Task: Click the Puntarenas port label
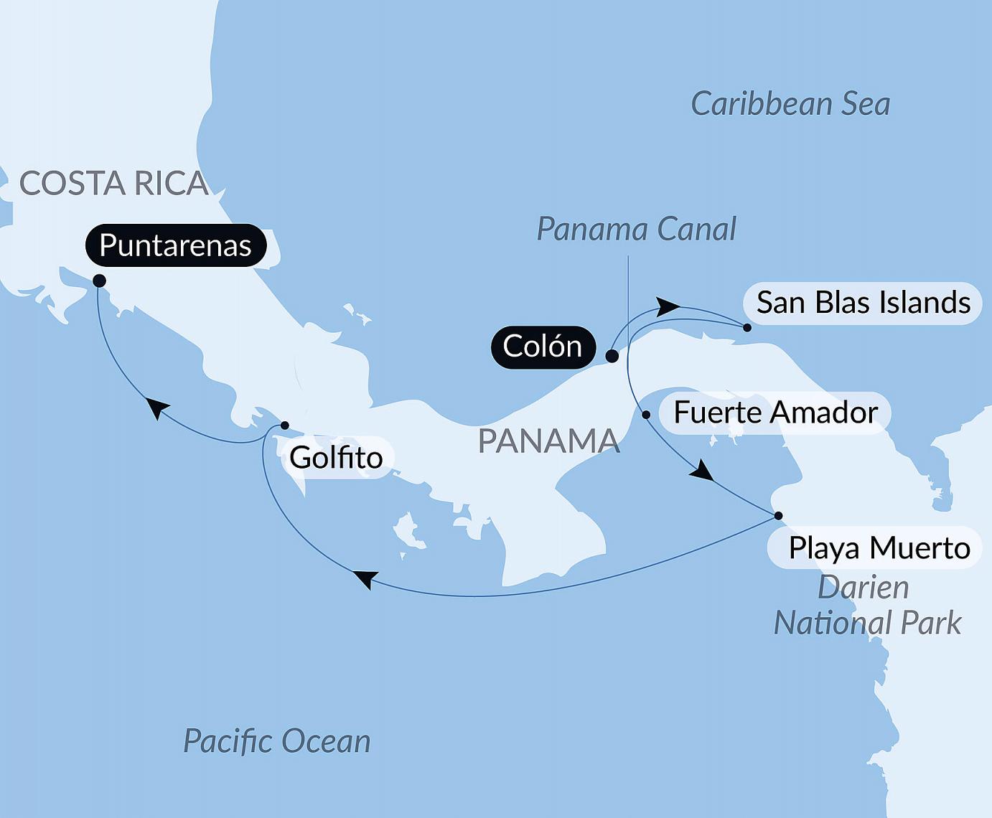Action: click(x=176, y=245)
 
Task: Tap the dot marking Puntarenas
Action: click(x=100, y=281)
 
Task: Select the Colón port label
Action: click(x=543, y=347)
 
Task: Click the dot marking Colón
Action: click(x=612, y=356)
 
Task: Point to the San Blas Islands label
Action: click(x=864, y=303)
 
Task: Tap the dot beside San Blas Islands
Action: click(x=747, y=328)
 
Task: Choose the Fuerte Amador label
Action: click(x=775, y=413)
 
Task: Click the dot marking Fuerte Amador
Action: click(x=646, y=415)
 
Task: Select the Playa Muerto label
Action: click(x=879, y=548)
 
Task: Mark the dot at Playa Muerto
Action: click(x=778, y=516)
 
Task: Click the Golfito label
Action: click(x=336, y=458)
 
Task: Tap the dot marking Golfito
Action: click(x=284, y=426)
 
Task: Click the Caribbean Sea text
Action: click(x=790, y=105)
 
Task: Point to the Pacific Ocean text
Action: click(x=277, y=741)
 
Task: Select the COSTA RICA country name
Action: click(x=113, y=184)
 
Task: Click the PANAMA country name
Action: click(x=548, y=441)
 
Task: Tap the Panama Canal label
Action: click(x=636, y=230)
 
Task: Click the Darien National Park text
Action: click(x=866, y=606)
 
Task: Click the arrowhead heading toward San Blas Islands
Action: click(x=668, y=306)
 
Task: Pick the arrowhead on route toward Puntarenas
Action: click(x=157, y=408)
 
